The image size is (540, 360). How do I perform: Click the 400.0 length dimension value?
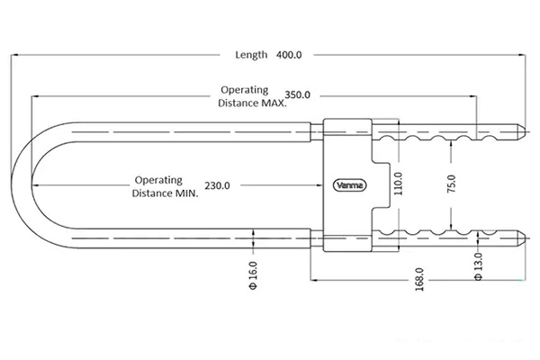(289, 55)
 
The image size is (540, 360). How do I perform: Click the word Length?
(251, 55)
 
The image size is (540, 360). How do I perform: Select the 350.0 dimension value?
(297, 94)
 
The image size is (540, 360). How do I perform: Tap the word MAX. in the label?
(274, 103)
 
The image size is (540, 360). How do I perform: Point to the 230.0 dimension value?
(217, 185)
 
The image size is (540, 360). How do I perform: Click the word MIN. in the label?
(187, 193)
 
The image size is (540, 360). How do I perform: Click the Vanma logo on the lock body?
(350, 185)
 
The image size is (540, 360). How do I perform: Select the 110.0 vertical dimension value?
(398, 184)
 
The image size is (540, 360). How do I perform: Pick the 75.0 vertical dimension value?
(452, 184)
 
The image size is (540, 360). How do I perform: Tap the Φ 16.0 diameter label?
(253, 275)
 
